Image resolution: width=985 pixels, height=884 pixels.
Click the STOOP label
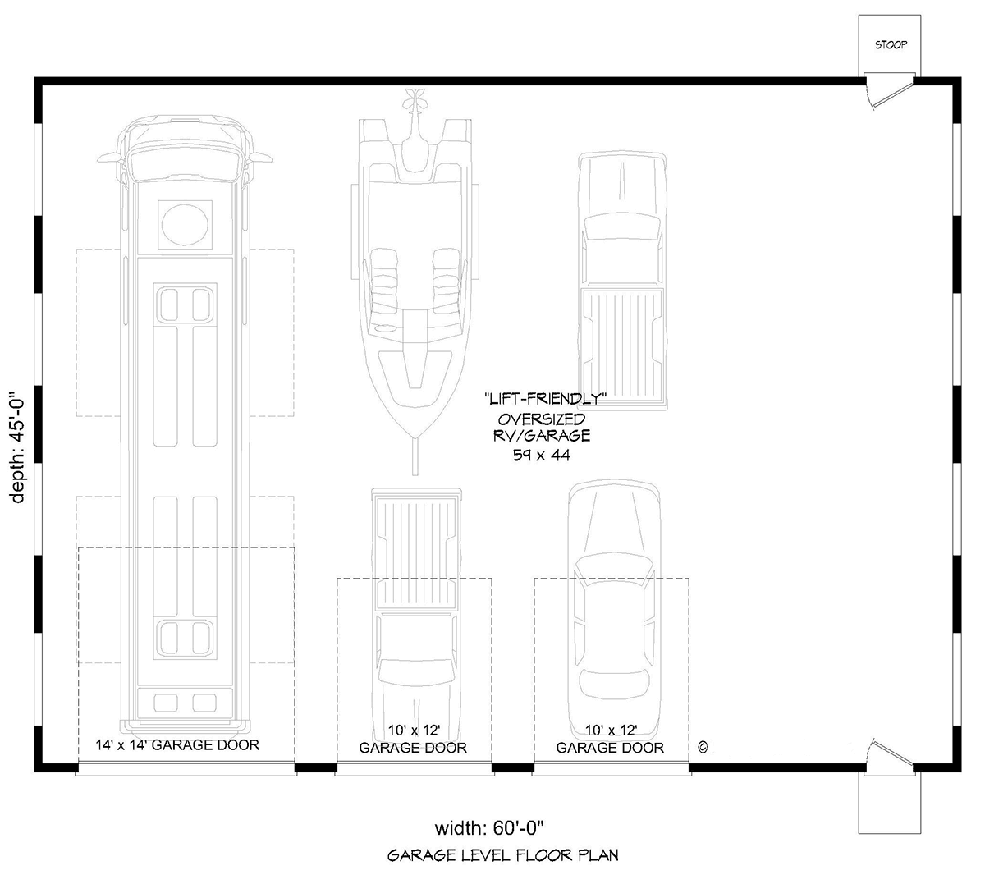click(x=891, y=45)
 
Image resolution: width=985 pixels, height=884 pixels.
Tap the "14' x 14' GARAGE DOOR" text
click(x=177, y=745)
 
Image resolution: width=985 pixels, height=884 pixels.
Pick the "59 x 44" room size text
click(x=542, y=455)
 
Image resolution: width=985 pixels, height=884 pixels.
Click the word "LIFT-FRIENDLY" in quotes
click(x=546, y=399)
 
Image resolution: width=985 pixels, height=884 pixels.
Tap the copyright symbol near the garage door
click(x=703, y=747)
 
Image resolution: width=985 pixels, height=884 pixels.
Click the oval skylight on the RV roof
click(x=185, y=225)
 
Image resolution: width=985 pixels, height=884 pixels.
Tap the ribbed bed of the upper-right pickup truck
click(x=623, y=344)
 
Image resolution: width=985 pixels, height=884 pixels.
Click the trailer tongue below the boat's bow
click(x=415, y=456)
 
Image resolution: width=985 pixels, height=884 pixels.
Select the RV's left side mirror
click(x=109, y=158)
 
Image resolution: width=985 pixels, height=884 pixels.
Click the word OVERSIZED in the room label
click(x=542, y=419)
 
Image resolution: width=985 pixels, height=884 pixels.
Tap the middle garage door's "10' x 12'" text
click(x=414, y=731)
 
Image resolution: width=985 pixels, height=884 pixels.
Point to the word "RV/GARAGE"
click(x=542, y=436)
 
